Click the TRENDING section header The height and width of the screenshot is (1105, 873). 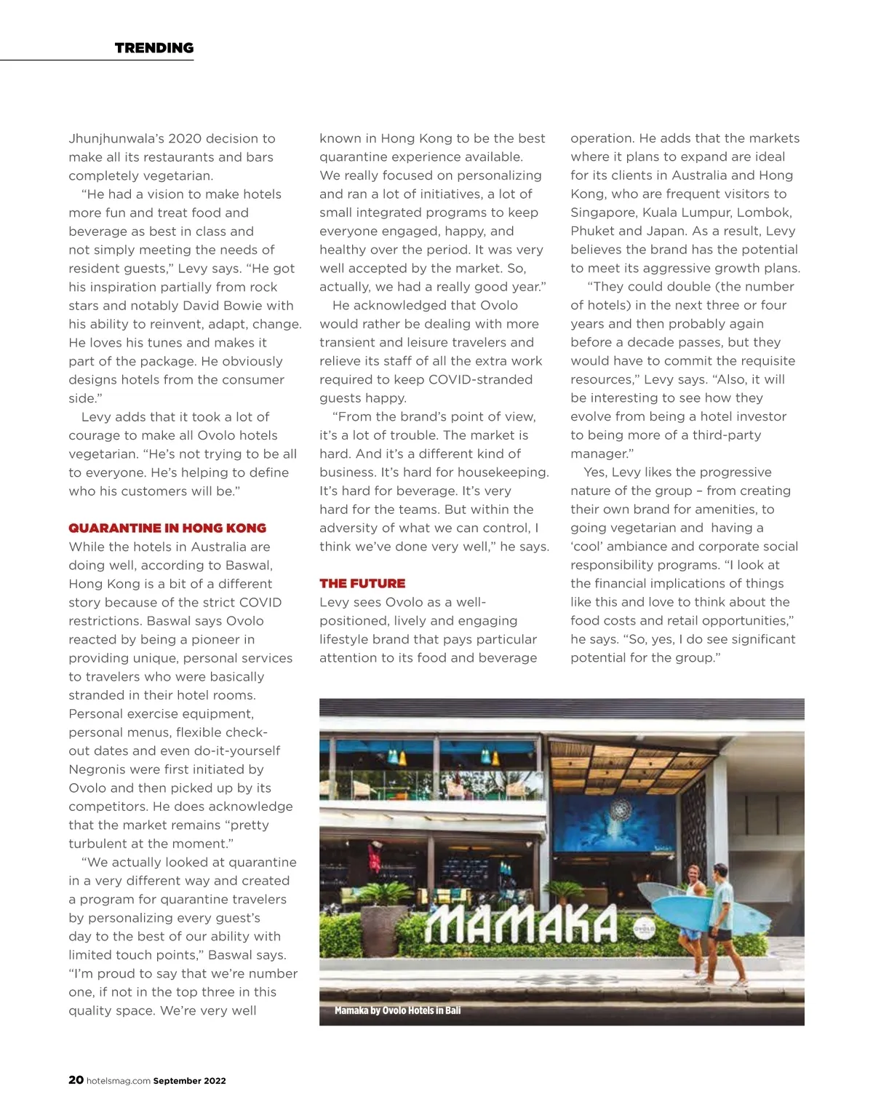pos(154,48)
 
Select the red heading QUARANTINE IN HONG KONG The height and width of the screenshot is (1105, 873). pos(167,528)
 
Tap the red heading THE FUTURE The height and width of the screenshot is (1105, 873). pos(362,584)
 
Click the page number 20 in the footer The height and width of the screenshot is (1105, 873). pos(76,1080)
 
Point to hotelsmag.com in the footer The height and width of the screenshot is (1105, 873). pos(119,1081)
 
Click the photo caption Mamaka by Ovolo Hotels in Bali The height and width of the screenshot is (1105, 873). pos(397,1010)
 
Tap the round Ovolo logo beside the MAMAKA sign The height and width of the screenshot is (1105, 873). pos(645,929)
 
